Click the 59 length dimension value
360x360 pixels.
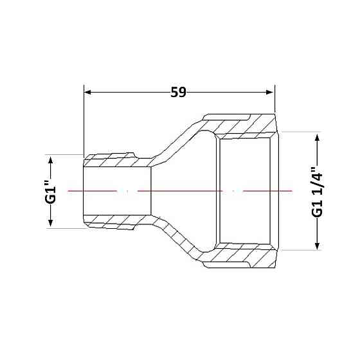(x=178, y=93)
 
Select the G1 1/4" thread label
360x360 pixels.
(x=317, y=192)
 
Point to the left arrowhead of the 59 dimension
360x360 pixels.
(x=87, y=93)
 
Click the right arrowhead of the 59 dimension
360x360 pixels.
(x=269, y=93)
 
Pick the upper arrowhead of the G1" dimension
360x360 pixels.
(x=51, y=160)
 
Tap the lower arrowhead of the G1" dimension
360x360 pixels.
(x=51, y=222)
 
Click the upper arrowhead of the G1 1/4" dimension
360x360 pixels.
(x=317, y=138)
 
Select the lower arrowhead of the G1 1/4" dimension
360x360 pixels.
(x=317, y=246)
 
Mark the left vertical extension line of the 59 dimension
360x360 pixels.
(x=84, y=120)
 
